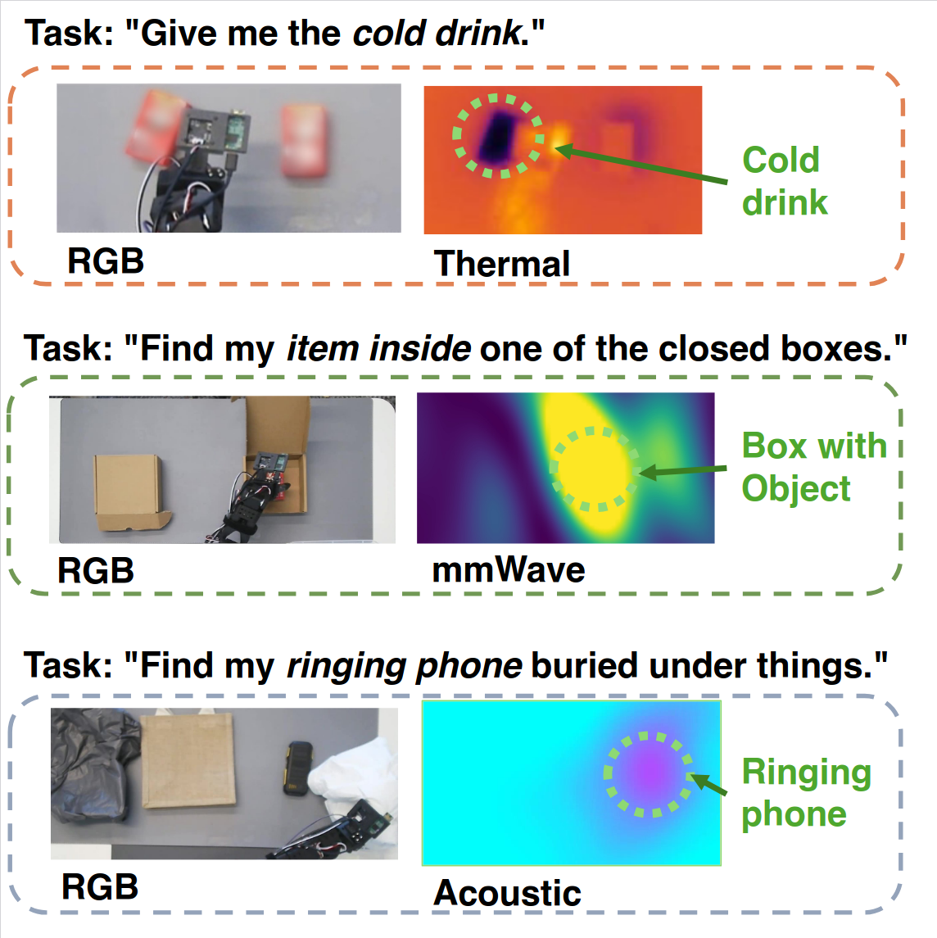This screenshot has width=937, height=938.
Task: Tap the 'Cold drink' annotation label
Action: [x=784, y=181]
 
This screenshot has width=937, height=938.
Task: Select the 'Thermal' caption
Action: [x=501, y=264]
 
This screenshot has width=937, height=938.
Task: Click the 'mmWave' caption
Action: [x=508, y=569]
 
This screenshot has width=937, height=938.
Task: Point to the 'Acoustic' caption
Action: [x=507, y=892]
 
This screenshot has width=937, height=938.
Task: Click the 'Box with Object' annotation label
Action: [x=813, y=467]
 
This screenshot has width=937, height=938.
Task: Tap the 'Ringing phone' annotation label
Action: [x=805, y=792]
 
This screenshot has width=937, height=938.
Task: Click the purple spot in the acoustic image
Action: [x=648, y=773]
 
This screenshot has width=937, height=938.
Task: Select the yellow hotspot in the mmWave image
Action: [x=595, y=467]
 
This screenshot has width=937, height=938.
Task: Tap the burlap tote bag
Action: [x=188, y=759]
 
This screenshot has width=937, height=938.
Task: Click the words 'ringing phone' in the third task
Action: [x=404, y=665]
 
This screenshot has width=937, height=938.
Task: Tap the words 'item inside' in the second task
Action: [x=378, y=348]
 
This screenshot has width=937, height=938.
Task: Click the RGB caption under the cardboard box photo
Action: [x=95, y=570]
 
